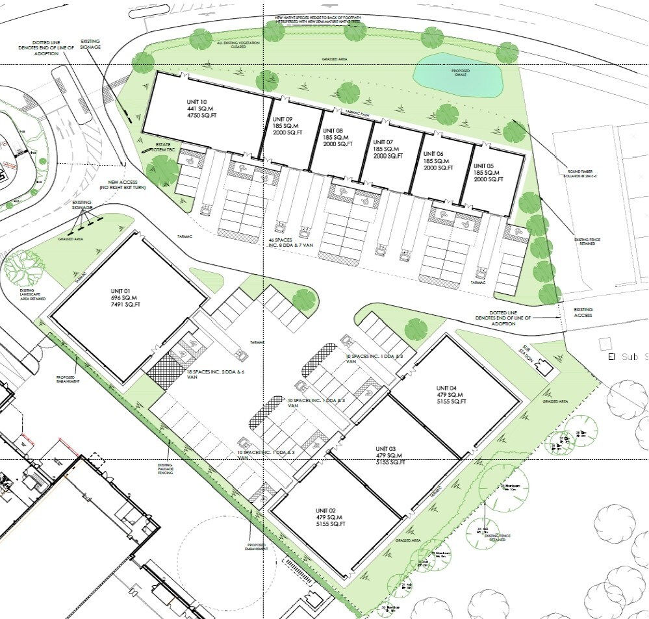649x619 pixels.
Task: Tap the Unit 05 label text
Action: coord(487,172)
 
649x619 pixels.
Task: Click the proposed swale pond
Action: coord(459,73)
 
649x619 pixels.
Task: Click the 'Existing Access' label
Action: coord(583,312)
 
